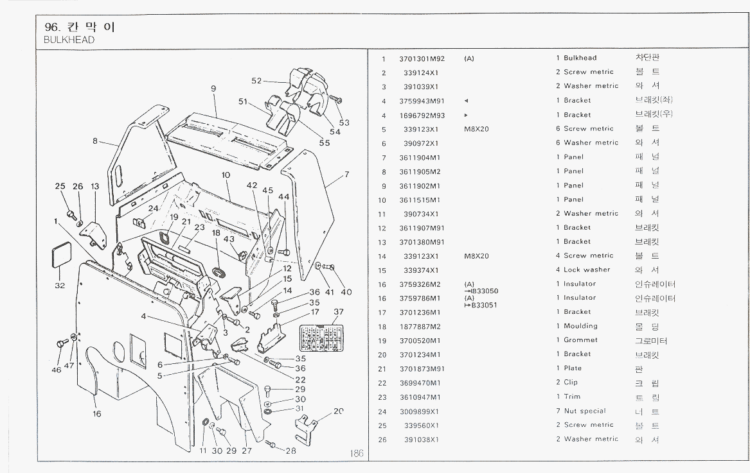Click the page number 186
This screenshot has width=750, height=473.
(357, 453)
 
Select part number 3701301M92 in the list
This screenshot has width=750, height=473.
(422, 58)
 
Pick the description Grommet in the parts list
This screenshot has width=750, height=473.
(580, 340)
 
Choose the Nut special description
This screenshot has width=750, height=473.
(584, 411)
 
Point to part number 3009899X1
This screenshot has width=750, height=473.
(421, 411)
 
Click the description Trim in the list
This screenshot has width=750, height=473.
(572, 397)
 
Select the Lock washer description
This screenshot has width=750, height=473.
(587, 270)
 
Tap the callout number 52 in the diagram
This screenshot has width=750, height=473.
(257, 81)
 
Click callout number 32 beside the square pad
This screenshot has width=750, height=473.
(59, 286)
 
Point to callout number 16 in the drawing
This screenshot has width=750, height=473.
(96, 414)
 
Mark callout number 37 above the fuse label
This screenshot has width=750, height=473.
(339, 312)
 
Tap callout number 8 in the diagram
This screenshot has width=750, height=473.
(94, 141)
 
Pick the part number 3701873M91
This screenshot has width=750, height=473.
(422, 368)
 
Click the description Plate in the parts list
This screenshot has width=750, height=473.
(572, 368)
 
